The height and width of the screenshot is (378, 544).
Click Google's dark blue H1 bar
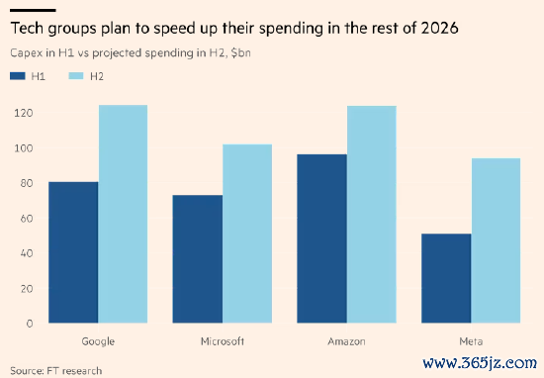pyautogui.click(x=73, y=252)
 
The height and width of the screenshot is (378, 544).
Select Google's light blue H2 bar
pyautogui.click(x=123, y=214)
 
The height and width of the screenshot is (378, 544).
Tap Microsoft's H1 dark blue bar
pyautogui.click(x=198, y=259)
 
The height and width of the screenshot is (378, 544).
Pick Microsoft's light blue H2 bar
pyautogui.click(x=247, y=234)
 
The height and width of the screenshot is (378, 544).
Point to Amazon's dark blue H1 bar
pyautogui.click(x=322, y=238)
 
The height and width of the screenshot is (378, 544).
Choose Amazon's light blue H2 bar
pyautogui.click(x=372, y=215)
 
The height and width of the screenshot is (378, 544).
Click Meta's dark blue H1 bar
pyautogui.click(x=446, y=278)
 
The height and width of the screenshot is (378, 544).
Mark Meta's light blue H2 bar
pyautogui.click(x=496, y=240)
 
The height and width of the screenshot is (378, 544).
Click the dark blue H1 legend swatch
pyautogui.click(x=18, y=76)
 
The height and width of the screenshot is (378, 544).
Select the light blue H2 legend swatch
pyautogui.click(x=76, y=76)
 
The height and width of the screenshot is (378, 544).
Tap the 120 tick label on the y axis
pyautogui.click(x=24, y=113)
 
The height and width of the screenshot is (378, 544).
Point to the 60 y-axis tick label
pyautogui.click(x=27, y=219)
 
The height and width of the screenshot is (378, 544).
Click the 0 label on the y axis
pyautogui.click(x=30, y=324)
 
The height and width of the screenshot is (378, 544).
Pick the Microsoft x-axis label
pyautogui.click(x=223, y=341)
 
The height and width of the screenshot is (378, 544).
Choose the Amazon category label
pyautogui.click(x=346, y=341)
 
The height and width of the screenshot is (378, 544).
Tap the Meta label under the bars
pyautogui.click(x=471, y=341)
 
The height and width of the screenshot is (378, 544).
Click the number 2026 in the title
pyautogui.click(x=439, y=28)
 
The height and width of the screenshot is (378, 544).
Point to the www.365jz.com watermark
pyautogui.click(x=480, y=363)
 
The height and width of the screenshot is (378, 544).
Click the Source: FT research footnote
pyautogui.click(x=55, y=371)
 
